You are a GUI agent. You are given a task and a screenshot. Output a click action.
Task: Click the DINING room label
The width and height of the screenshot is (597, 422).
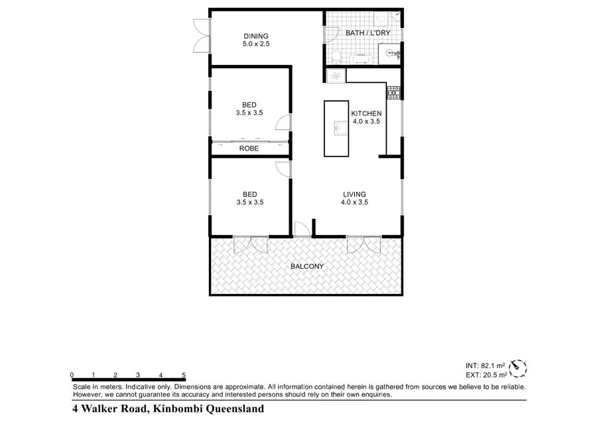pyautogui.click(x=255, y=36)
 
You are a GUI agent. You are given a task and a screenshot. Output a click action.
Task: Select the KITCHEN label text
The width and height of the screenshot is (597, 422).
pyautogui.click(x=366, y=113)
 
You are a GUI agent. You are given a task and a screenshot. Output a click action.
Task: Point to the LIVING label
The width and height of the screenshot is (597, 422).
pyautogui.click(x=354, y=194)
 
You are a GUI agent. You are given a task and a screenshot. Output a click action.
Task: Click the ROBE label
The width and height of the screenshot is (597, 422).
pyautogui.click(x=249, y=149)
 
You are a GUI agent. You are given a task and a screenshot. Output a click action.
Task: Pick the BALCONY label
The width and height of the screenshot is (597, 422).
pyautogui.click(x=307, y=267)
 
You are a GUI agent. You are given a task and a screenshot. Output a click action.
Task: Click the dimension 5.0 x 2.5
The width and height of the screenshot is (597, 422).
pyautogui.click(x=255, y=44)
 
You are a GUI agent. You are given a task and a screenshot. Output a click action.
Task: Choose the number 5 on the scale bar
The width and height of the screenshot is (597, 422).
pyautogui.click(x=183, y=375)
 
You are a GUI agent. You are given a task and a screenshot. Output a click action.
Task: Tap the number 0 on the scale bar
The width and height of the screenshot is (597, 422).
pyautogui.click(x=71, y=375)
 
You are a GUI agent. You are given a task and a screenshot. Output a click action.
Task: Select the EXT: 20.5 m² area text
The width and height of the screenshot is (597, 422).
pyautogui.click(x=486, y=375)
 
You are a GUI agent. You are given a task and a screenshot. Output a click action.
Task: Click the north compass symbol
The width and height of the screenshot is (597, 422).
pyautogui.click(x=518, y=367)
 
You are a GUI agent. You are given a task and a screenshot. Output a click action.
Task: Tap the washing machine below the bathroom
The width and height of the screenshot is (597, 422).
pyautogui.click(x=336, y=75)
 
